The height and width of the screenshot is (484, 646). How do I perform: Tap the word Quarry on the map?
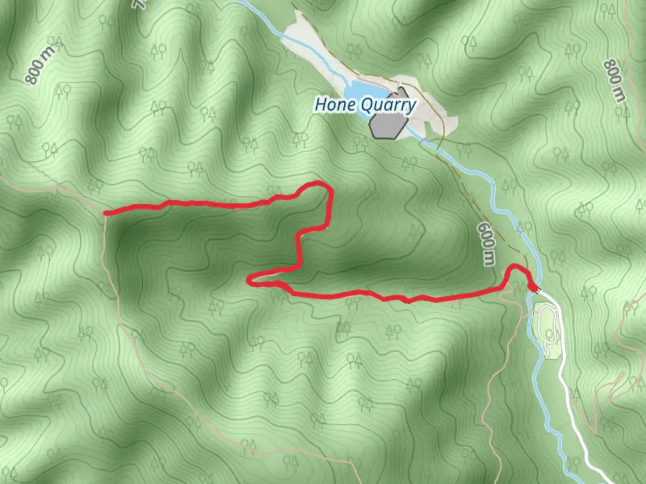tap(388, 106)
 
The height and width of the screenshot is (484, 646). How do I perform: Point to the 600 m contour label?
tap(487, 244)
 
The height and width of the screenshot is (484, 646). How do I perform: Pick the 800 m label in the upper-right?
tap(614, 80)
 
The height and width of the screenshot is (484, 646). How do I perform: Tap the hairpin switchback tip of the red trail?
tap(249, 280)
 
